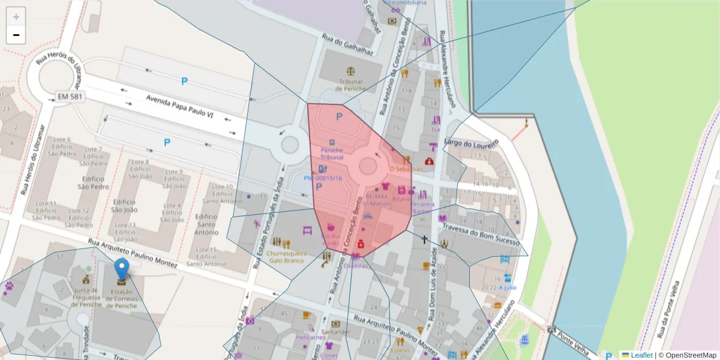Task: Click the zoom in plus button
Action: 16,17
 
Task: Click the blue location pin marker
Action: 122,271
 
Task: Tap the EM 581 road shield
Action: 70,96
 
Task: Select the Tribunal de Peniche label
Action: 351,85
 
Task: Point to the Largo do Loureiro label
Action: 471,143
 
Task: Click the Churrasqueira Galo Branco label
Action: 286,257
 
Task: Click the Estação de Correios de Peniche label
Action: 122,298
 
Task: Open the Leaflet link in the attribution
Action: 641,355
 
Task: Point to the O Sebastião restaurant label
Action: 406,169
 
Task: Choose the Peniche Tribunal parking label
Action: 332,153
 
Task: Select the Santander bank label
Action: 335,331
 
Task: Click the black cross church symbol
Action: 425,239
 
